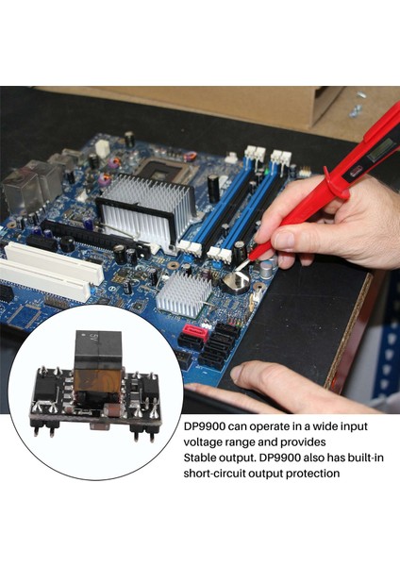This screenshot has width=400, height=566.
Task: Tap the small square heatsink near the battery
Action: [x=183, y=295]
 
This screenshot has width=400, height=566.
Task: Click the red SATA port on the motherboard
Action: [x=194, y=332]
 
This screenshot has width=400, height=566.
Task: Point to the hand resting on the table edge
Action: [x=283, y=381]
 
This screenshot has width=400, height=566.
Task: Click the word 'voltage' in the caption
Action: [x=207, y=441]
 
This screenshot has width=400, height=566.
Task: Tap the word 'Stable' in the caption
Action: [x=203, y=458]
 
